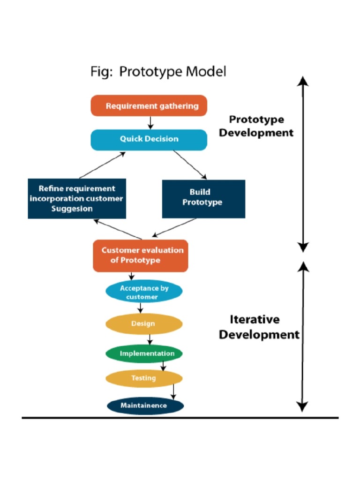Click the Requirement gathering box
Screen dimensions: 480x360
pyautogui.click(x=149, y=105)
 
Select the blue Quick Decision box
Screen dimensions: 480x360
pyautogui.click(x=149, y=139)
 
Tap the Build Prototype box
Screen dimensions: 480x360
pyautogui.click(x=203, y=198)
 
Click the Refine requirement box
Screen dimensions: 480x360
pyautogui.click(x=77, y=198)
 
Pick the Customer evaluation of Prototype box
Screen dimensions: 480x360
pyautogui.click(x=141, y=255)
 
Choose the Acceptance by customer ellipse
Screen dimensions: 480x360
pyautogui.click(x=144, y=292)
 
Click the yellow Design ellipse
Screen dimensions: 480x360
pyautogui.click(x=143, y=324)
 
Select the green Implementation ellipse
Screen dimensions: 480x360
pyautogui.click(x=144, y=353)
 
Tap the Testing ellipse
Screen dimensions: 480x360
pyautogui.click(x=143, y=378)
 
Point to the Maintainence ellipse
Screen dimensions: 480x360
pyautogui.click(x=145, y=405)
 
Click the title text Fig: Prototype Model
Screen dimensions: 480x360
pyautogui.click(x=158, y=72)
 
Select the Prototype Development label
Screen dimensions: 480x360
pyautogui.click(x=256, y=126)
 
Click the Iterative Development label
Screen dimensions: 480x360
pyautogui.click(x=258, y=327)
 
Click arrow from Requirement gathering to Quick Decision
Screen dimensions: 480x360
pyautogui.click(x=150, y=122)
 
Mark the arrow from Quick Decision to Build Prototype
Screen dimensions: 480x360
pyautogui.click(x=190, y=165)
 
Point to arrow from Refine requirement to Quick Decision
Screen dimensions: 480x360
pyautogui.click(x=102, y=165)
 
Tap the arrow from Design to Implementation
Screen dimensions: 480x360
pyautogui.click(x=150, y=339)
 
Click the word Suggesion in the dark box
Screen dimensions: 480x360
pyautogui.click(x=72, y=209)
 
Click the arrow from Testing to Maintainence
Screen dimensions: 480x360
pyautogui.click(x=173, y=391)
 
